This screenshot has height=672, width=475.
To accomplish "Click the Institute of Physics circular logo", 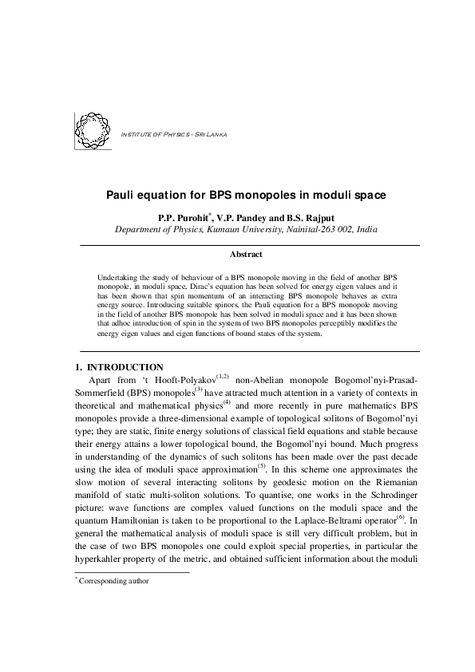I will pyautogui.click(x=92, y=130).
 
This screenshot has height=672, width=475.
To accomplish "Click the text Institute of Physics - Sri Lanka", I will pyautogui.click(x=172, y=132).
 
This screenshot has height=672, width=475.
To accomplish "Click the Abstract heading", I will pyautogui.click(x=246, y=254).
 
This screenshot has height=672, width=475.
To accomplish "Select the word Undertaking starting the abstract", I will pyautogui.click(x=117, y=273).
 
